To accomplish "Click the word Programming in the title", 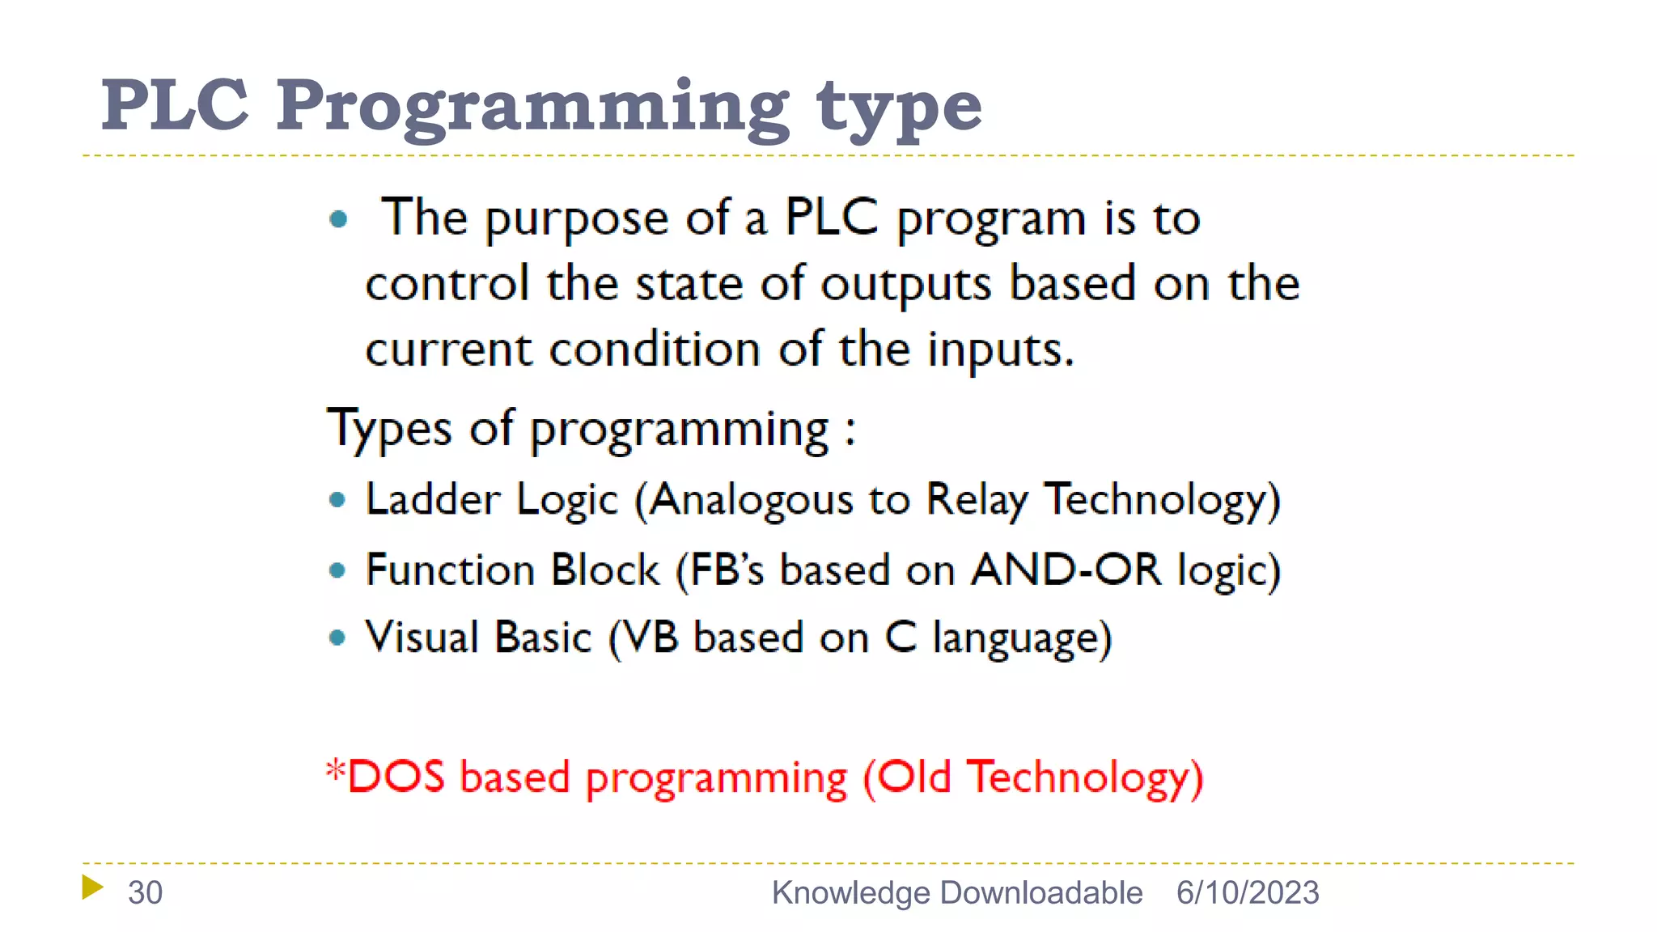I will pyautogui.click(x=532, y=107).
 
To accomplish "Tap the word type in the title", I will pyautogui.click(x=899, y=109).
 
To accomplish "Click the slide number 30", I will pyautogui.click(x=145, y=892).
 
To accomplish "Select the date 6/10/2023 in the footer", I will pyautogui.click(x=1248, y=892).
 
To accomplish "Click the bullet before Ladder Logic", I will pyautogui.click(x=338, y=500).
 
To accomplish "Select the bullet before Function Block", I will pyautogui.click(x=338, y=570).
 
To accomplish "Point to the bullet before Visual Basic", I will pyautogui.click(x=338, y=638).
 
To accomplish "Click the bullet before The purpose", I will pyautogui.click(x=339, y=218).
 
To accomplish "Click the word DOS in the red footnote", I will pyautogui.click(x=396, y=776).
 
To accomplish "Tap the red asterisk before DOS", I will pyautogui.click(x=335, y=768).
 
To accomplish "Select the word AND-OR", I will pyautogui.click(x=1066, y=570).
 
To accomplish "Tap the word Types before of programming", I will pyautogui.click(x=389, y=429).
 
